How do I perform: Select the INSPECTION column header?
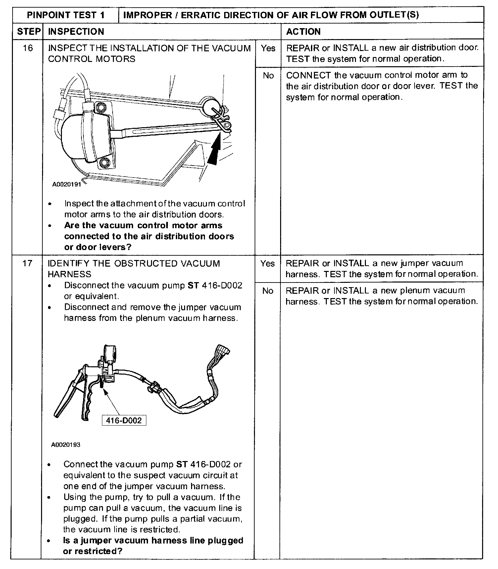(76, 31)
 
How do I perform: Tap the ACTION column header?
(303, 31)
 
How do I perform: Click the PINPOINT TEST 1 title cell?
(66, 15)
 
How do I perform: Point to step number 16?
(28, 48)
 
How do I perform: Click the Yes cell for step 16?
(268, 48)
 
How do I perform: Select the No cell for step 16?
(268, 76)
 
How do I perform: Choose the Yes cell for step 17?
(268, 264)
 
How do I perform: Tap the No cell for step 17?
(268, 291)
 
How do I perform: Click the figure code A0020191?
(67, 184)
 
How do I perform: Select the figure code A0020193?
(66, 445)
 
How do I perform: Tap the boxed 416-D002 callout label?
(124, 421)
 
